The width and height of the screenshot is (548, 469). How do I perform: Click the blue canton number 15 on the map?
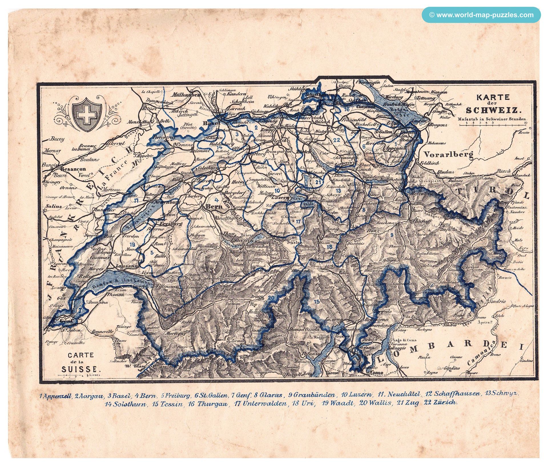point(316,302)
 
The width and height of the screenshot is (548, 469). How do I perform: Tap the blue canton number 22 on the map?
point(337,140)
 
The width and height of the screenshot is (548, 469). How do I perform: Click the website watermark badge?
point(481,15)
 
